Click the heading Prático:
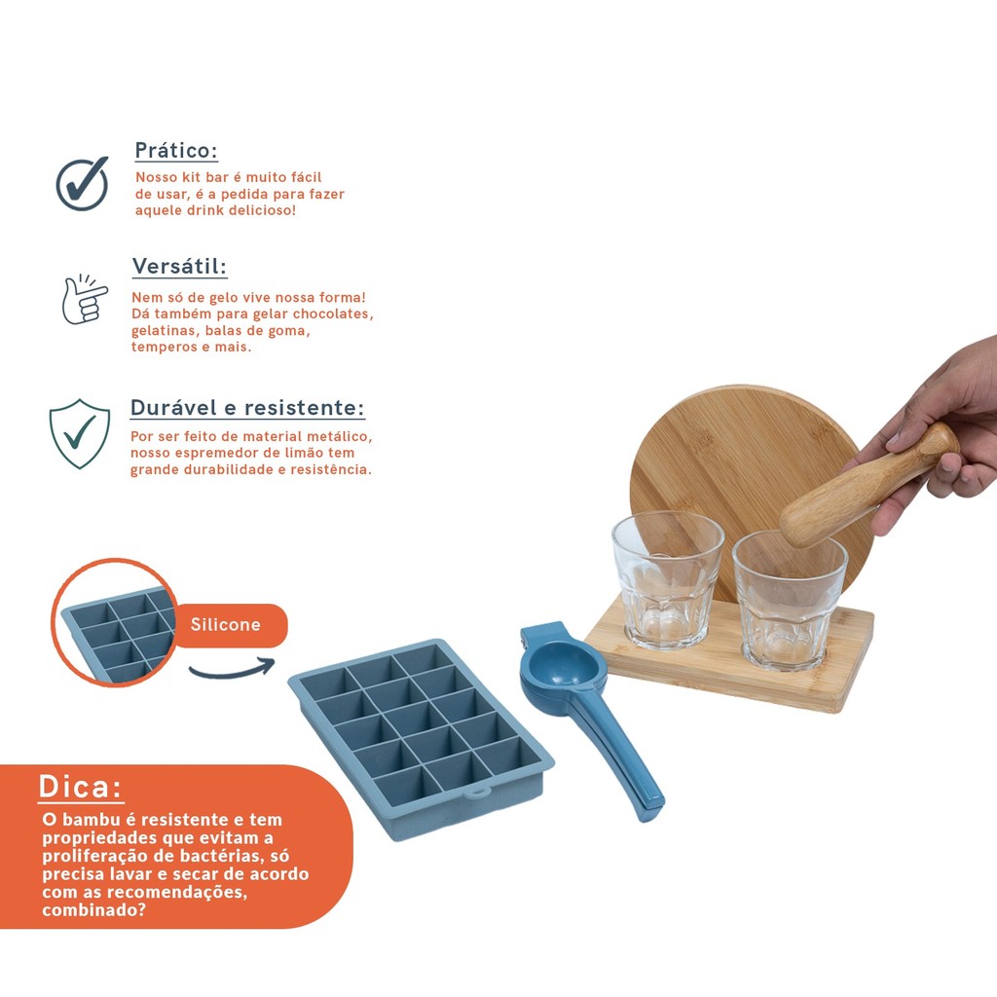(176, 151)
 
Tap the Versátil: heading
(179, 266)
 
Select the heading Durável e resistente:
(247, 408)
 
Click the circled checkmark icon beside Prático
(82, 183)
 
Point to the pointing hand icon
(85, 299)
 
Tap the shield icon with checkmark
(80, 433)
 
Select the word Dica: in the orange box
(80, 787)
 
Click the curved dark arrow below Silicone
(232, 670)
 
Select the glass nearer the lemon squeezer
(667, 579)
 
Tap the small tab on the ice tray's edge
(477, 792)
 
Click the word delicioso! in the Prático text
(262, 210)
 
